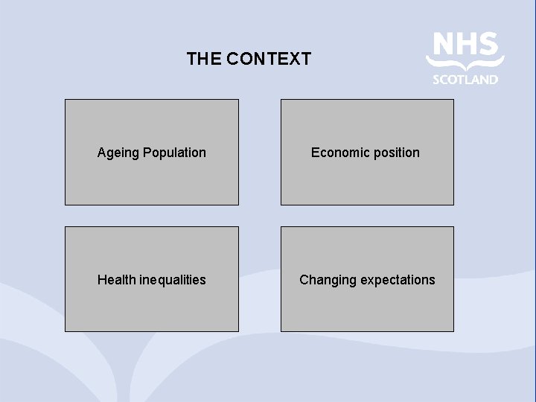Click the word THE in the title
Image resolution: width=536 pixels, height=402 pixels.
pyautogui.click(x=203, y=59)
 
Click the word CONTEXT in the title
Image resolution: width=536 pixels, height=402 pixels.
pyautogui.click(x=269, y=59)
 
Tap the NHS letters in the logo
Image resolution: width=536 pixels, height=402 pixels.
pyautogui.click(x=465, y=44)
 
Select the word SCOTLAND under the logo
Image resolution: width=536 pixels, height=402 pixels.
pyautogui.click(x=465, y=80)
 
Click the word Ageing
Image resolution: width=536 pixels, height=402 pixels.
pyautogui.click(x=118, y=153)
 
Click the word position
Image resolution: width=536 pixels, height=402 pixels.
pyautogui.click(x=396, y=153)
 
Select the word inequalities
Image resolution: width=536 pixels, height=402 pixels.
pyautogui.click(x=173, y=281)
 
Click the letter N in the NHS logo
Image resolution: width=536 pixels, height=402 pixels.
pyautogui.click(x=443, y=44)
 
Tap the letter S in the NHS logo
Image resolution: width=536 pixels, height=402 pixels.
pyautogui.click(x=488, y=44)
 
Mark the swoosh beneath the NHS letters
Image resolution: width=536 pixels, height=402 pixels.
pyautogui.click(x=465, y=64)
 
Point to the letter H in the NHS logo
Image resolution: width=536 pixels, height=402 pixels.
pyautogui.click(x=466, y=44)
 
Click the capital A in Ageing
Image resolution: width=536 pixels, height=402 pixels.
pyautogui.click(x=101, y=153)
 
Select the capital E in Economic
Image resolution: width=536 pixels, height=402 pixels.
pyautogui.click(x=315, y=153)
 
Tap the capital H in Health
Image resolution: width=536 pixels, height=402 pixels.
pyautogui.click(x=101, y=280)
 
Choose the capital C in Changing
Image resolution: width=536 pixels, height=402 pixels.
pyautogui.click(x=304, y=280)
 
